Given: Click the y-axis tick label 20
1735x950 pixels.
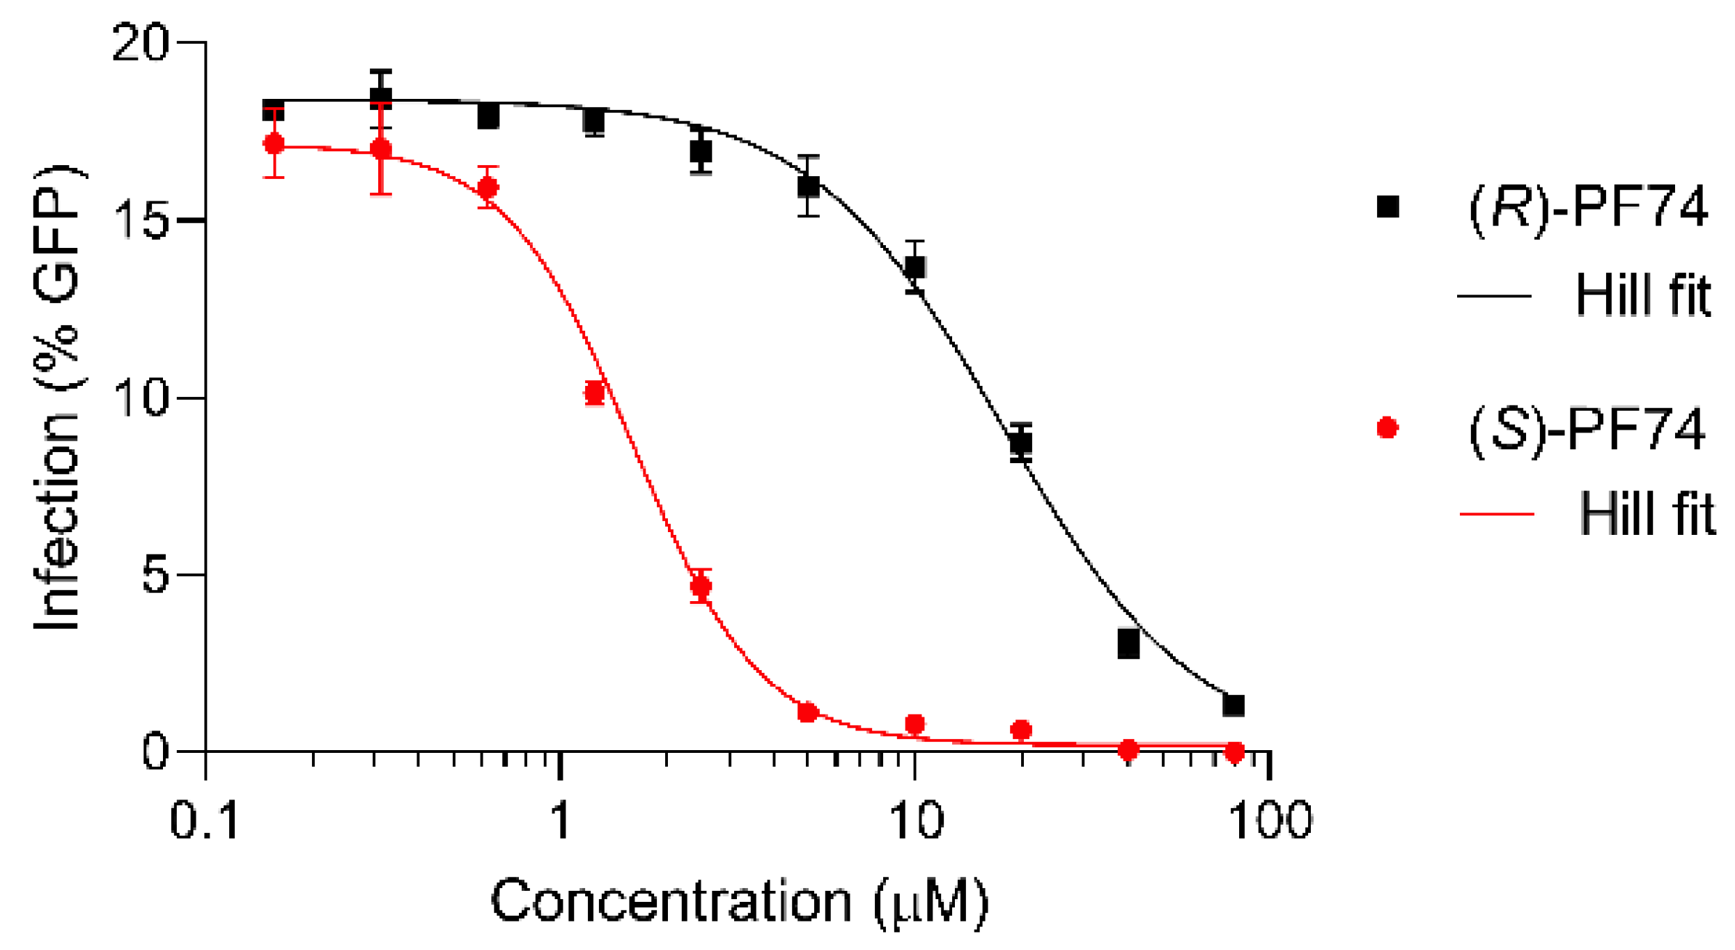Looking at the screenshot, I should [x=141, y=43].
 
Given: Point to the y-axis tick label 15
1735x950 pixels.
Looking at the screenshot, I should [x=144, y=221].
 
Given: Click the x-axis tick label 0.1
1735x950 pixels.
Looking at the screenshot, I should [x=205, y=820].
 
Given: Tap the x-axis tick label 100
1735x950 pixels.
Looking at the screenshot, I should [x=1270, y=820].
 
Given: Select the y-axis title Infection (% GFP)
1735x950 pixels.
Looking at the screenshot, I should [x=59, y=399].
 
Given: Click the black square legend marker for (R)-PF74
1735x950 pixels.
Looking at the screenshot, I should [x=1388, y=207].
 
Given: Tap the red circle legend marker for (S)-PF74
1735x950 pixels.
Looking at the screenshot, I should [x=1388, y=428].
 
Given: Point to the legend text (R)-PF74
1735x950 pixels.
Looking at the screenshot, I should [x=1588, y=207].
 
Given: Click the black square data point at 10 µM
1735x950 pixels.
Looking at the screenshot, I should [x=915, y=267].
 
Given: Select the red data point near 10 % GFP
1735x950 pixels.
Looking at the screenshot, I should [x=595, y=394].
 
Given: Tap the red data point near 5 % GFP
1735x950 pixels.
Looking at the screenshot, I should [x=701, y=586].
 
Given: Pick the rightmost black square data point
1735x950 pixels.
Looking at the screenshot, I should [x=1234, y=706].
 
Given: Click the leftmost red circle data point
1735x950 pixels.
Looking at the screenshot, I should [x=274, y=144].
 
